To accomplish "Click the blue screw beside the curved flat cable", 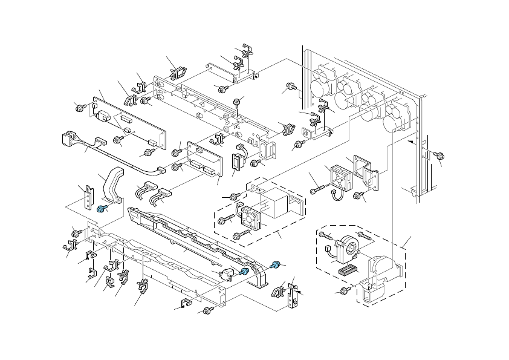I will (101, 209).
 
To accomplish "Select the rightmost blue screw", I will (276, 265).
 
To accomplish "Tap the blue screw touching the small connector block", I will (244, 272).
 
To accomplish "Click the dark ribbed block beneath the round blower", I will (347, 270).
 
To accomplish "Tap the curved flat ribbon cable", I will (112, 185).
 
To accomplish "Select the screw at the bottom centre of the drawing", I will (207, 310).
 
